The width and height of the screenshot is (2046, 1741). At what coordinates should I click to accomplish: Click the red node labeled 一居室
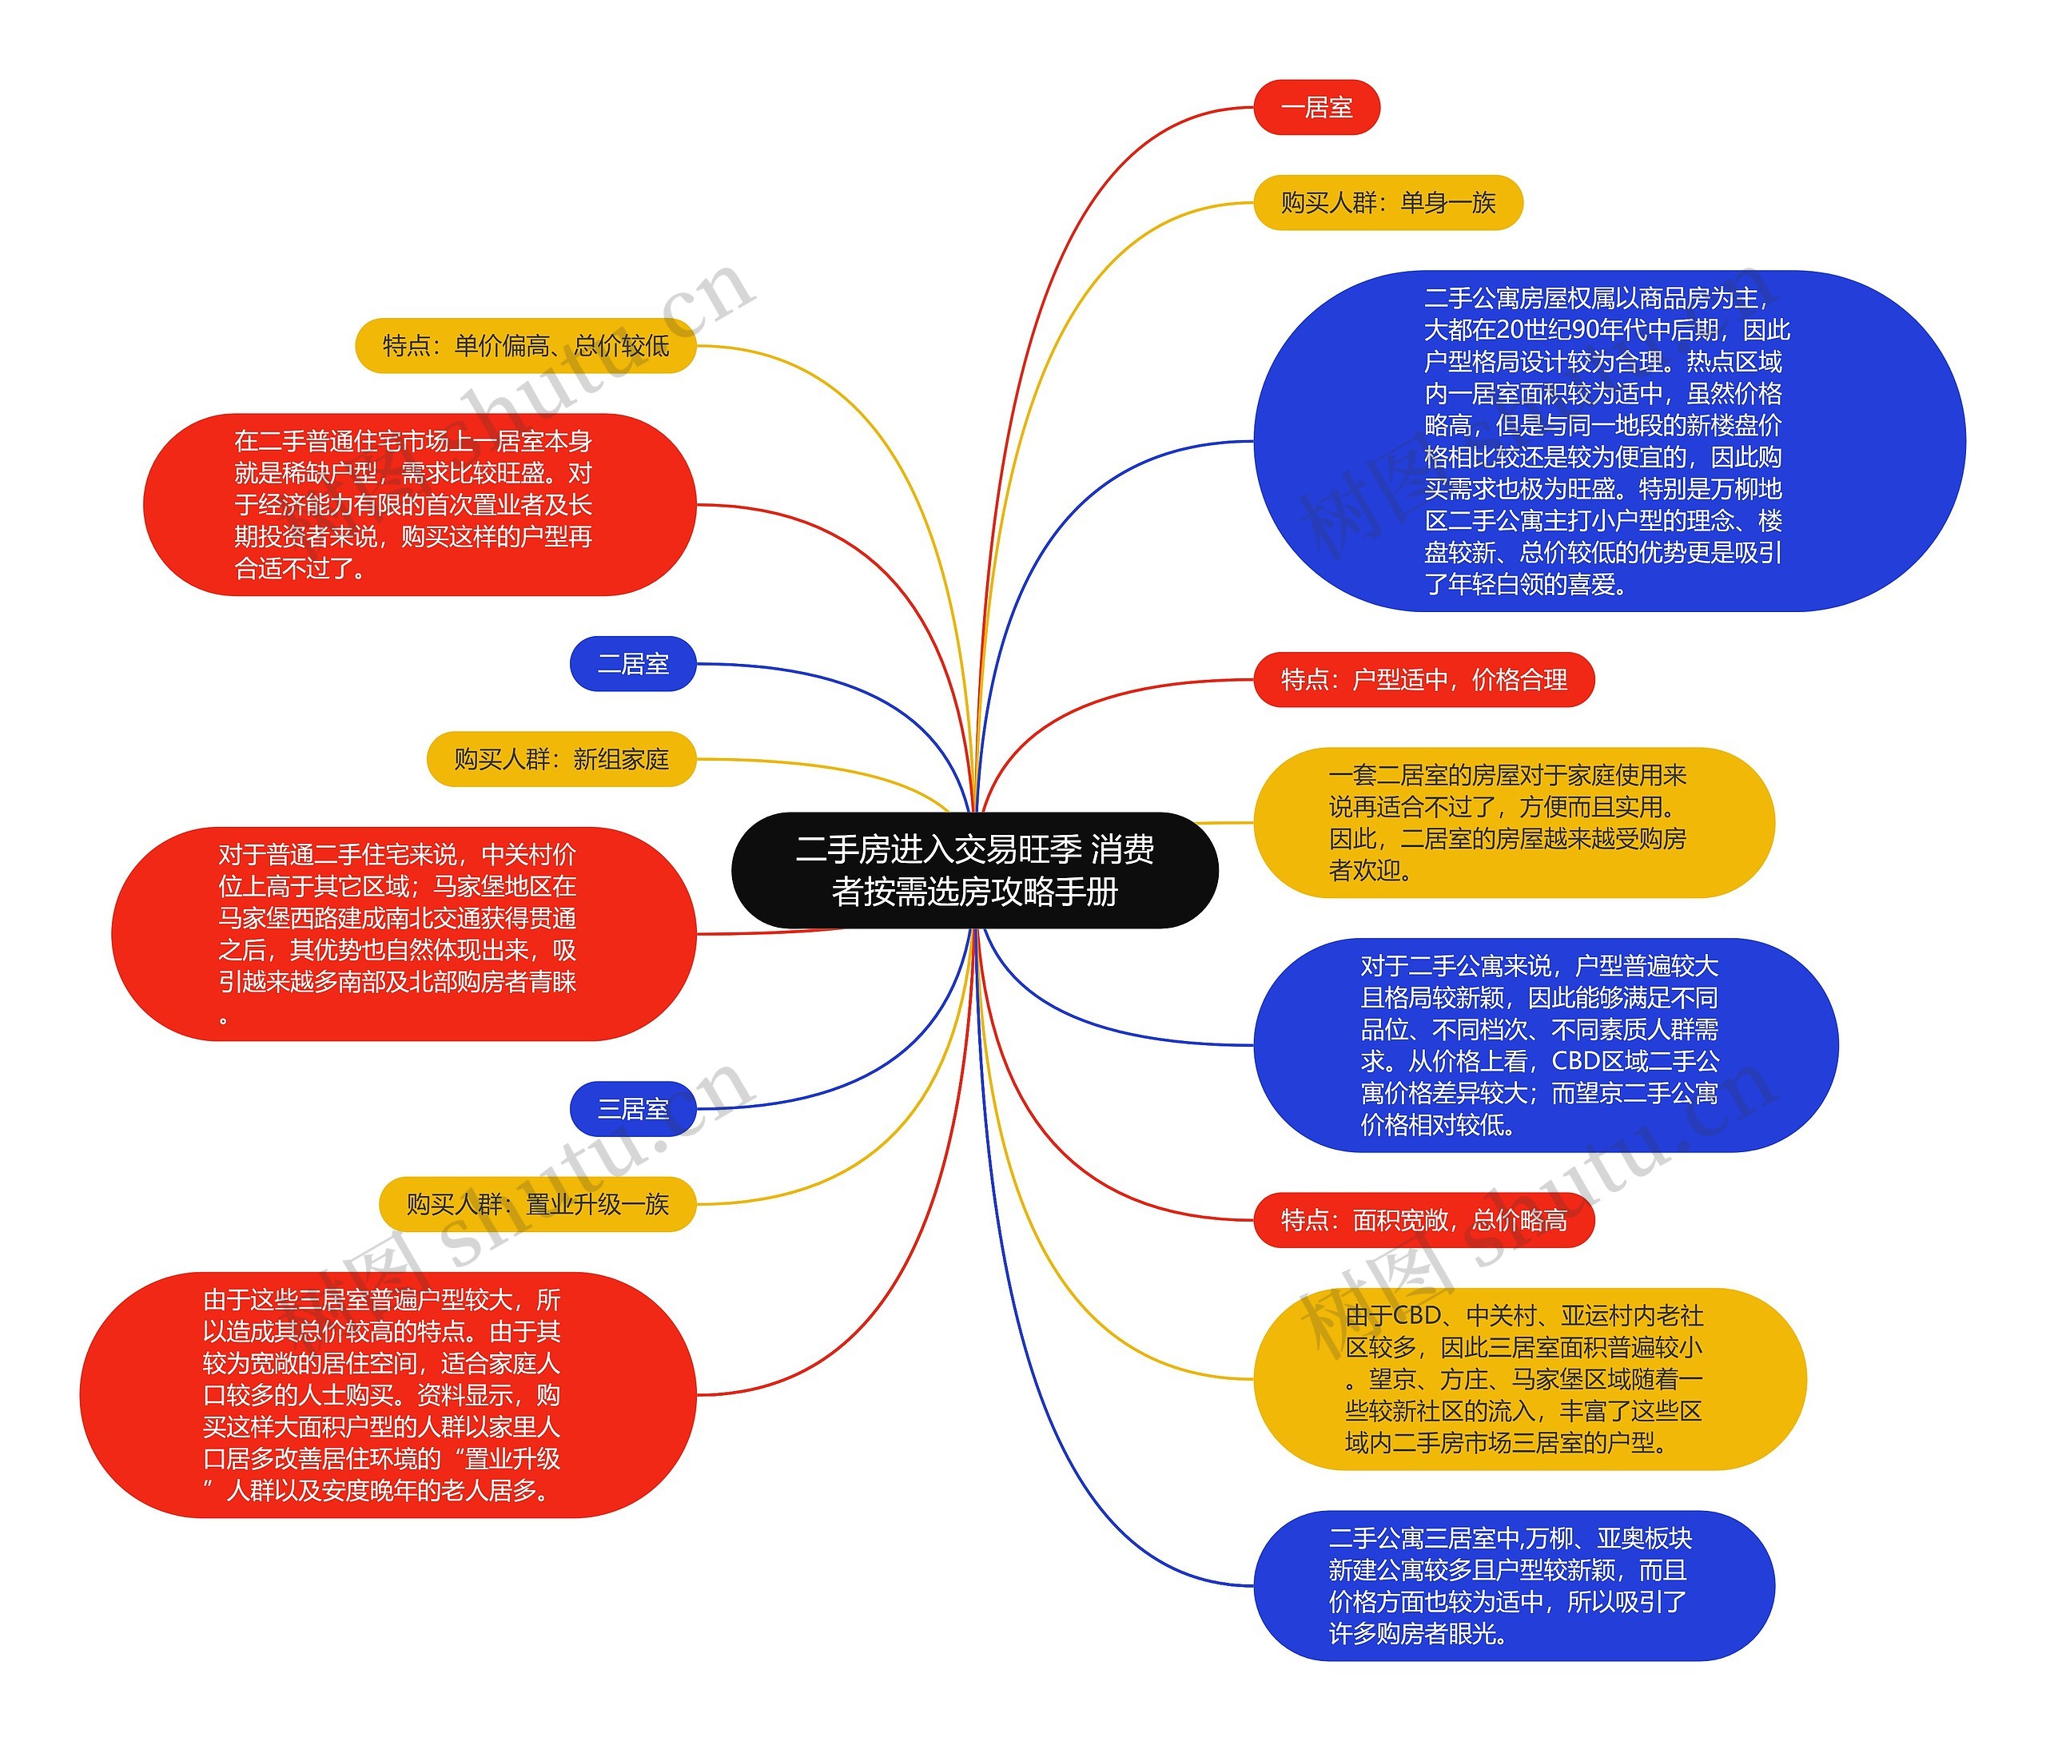1316,108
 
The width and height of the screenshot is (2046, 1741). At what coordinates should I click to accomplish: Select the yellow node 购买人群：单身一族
1387,202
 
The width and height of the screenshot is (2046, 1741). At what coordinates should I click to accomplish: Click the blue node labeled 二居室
633,663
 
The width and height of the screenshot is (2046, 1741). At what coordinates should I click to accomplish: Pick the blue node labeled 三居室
633,1108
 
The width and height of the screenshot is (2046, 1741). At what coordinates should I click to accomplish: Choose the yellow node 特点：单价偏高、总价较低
525,345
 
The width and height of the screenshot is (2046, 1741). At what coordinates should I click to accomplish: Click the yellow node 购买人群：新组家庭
560,759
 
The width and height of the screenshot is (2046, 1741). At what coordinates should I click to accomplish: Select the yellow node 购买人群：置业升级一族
537,1204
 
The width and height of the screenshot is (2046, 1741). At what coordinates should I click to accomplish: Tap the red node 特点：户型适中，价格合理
1423,679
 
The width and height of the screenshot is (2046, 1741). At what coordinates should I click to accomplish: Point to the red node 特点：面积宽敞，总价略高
1423,1220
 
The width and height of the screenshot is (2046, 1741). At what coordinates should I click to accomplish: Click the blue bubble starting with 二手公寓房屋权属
1609,441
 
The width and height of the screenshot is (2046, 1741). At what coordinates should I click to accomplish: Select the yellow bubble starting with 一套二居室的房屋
1513,822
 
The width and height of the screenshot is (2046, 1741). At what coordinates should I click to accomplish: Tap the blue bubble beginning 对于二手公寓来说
1545,1044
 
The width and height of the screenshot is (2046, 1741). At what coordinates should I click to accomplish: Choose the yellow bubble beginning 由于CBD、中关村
1529,1379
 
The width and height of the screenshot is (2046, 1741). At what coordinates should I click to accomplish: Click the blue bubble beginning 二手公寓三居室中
1513,1585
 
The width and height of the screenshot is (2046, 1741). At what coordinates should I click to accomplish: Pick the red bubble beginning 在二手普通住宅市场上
420,504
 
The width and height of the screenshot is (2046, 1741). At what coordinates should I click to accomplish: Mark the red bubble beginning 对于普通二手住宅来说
404,934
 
